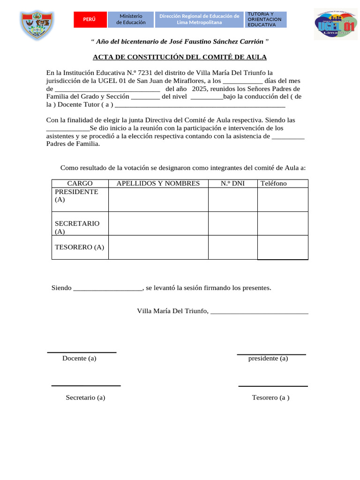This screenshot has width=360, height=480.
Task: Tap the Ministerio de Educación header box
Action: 131,19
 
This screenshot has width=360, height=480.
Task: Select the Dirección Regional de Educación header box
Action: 199,19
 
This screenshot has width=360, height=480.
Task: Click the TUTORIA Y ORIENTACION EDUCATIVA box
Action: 265,19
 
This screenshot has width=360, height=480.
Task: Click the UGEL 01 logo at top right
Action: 335,24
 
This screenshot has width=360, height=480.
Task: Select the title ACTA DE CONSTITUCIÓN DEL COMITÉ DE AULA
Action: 180,57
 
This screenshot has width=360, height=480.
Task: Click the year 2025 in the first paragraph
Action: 199,89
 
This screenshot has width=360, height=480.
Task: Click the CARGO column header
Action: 80,183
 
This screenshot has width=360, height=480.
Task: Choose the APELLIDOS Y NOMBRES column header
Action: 158,183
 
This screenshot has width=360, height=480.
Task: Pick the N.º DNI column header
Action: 232,183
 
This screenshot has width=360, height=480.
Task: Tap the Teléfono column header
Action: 273,183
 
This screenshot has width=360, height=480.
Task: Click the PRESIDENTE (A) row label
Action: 76,195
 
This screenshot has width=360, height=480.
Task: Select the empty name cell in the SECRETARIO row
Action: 158,224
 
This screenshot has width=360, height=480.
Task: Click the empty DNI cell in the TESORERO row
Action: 232,247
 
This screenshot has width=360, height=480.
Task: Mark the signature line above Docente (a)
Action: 82,352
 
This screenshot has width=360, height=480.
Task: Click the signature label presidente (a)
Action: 268,359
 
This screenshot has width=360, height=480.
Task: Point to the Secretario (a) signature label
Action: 85,397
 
